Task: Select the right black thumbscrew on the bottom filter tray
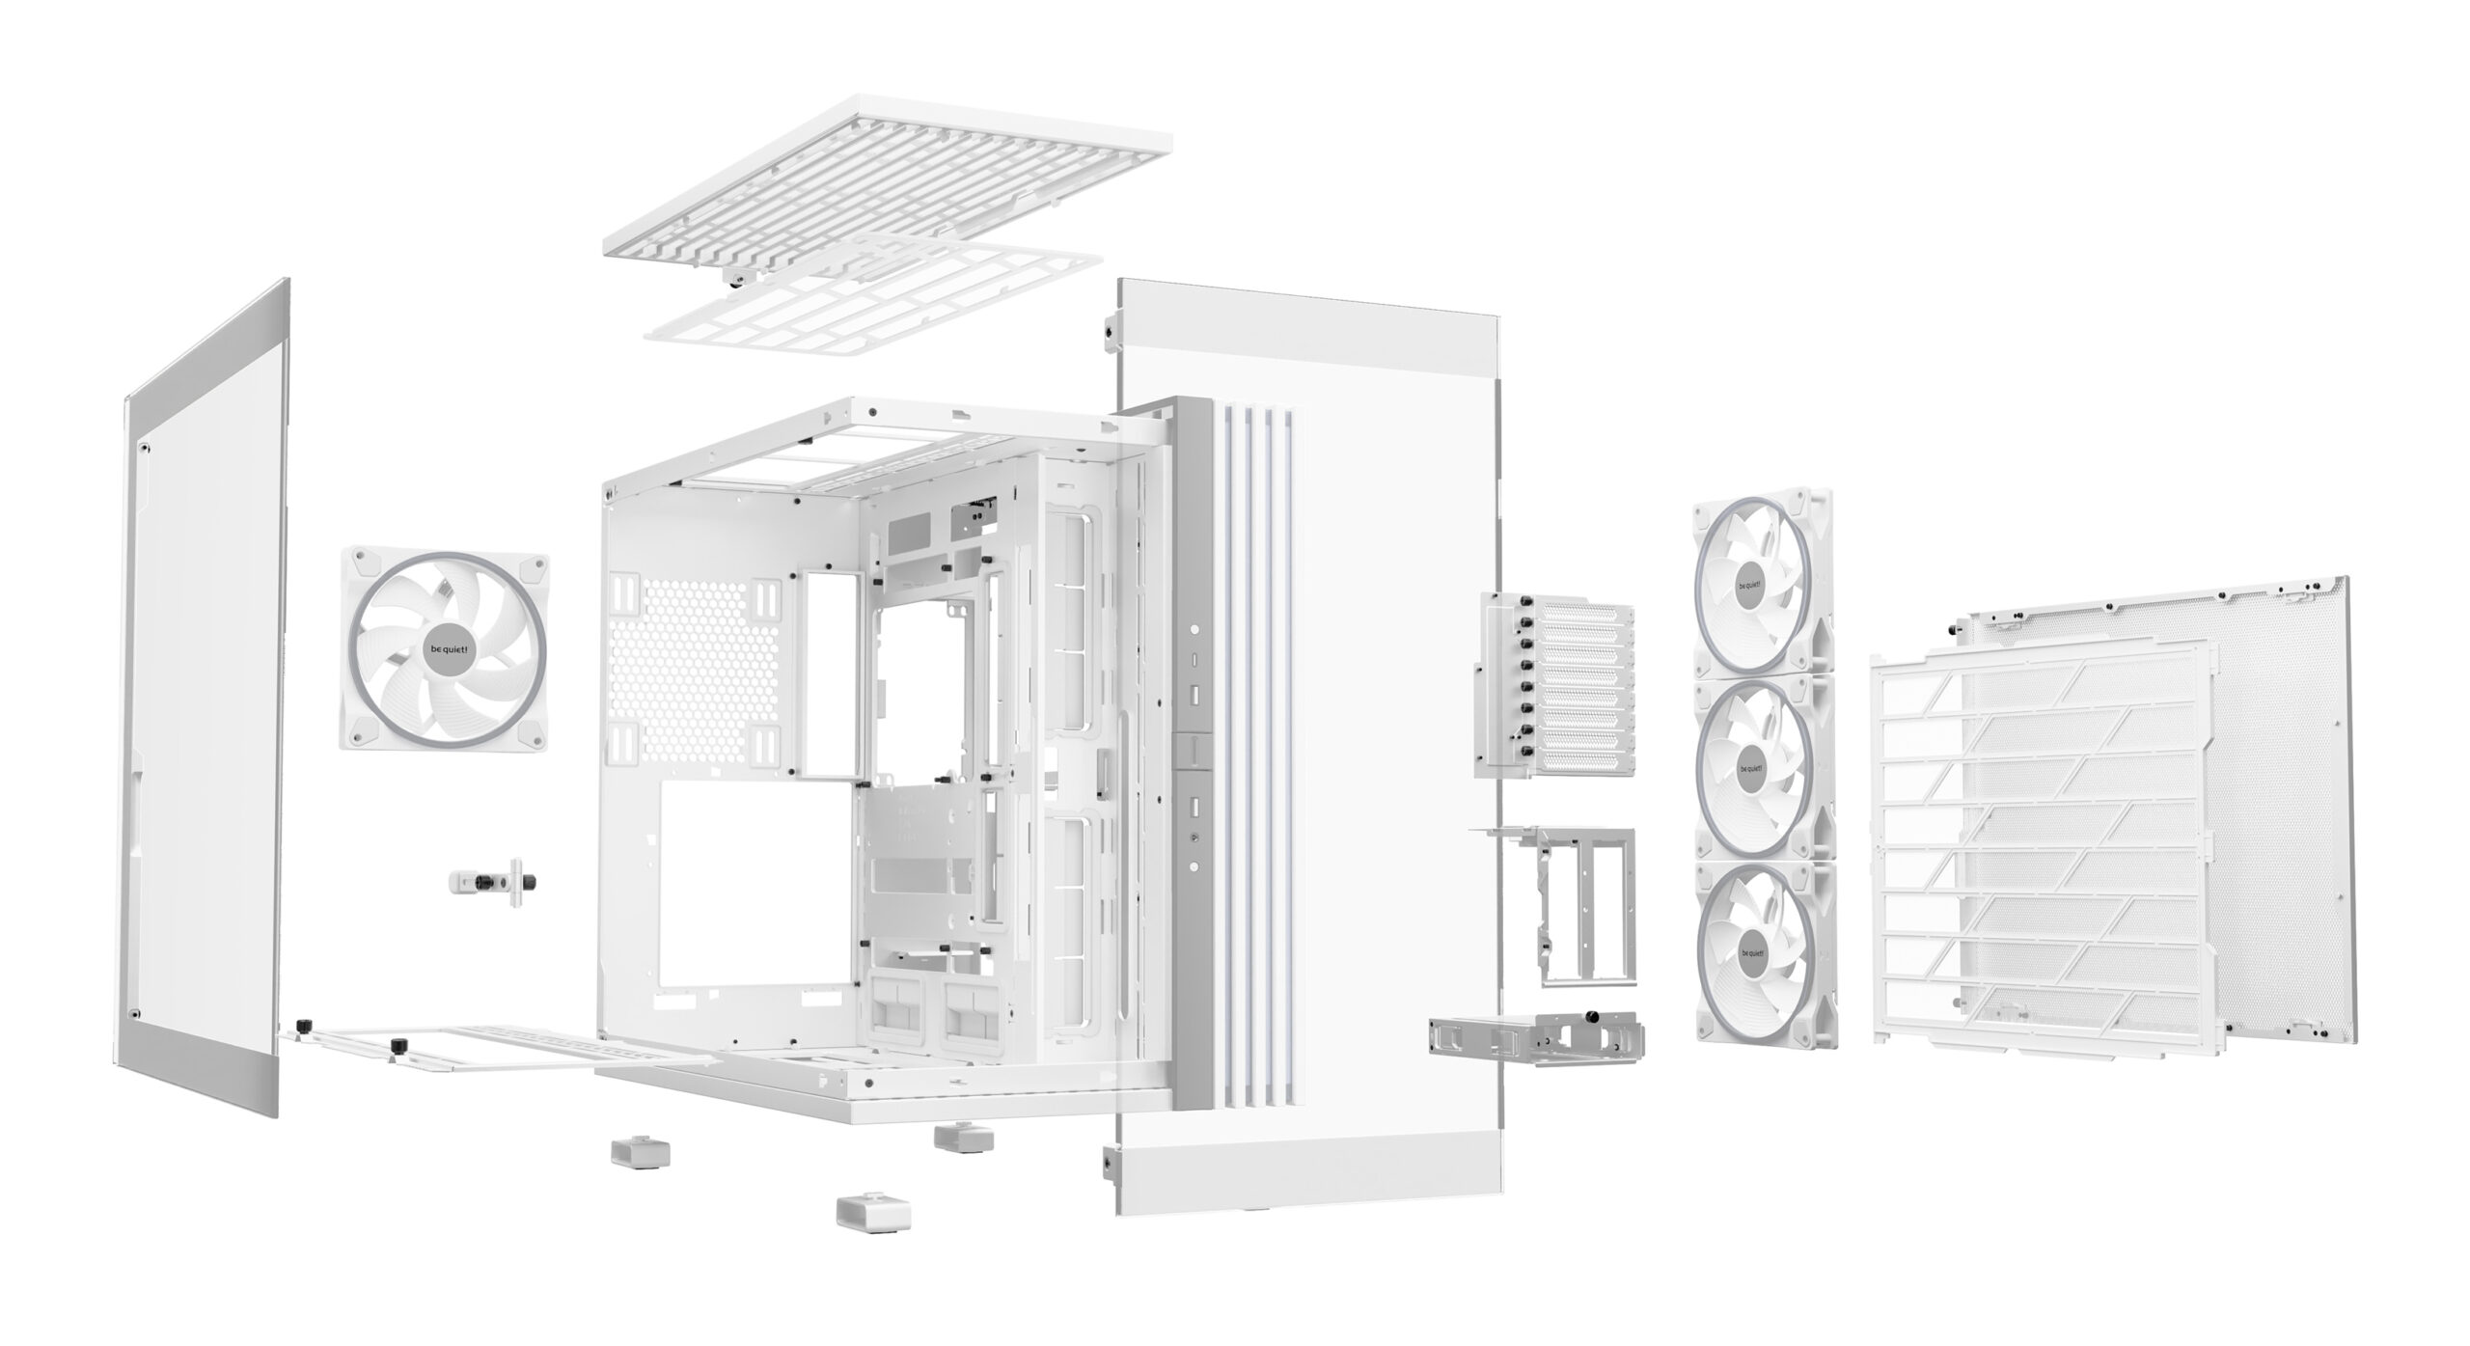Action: coord(396,1045)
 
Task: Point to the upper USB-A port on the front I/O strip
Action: coord(1194,694)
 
